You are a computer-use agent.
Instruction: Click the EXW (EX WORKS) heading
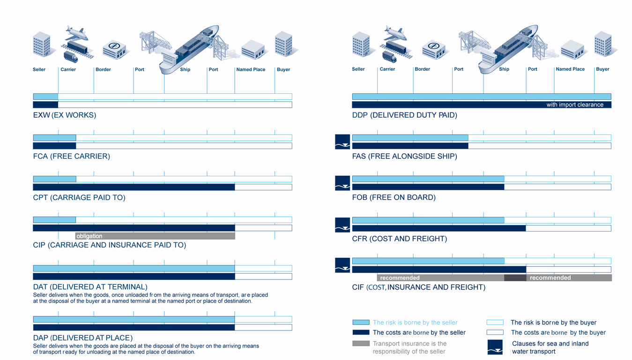coord(65,115)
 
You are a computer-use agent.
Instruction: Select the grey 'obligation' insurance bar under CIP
coord(155,236)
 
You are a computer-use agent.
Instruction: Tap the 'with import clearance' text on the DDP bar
coord(575,105)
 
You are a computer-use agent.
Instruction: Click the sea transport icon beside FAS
coord(342,142)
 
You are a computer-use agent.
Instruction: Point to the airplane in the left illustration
coord(76,34)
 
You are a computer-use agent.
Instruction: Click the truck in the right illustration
coord(389,56)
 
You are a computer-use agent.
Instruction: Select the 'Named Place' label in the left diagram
coord(251,69)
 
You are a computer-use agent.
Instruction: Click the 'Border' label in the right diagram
coord(422,69)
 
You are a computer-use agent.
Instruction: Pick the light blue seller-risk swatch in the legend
coord(361,322)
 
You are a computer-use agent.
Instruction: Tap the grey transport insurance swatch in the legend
coord(361,343)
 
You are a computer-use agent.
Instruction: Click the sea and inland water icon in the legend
coord(495,347)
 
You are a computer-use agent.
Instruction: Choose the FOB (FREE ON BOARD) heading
coord(394,197)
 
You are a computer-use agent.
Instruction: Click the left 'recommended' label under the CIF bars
coord(400,278)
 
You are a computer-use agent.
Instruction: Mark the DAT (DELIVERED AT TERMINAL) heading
coord(90,287)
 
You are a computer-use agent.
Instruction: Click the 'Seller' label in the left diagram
coord(39,69)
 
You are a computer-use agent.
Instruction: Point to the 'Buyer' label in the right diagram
coord(602,69)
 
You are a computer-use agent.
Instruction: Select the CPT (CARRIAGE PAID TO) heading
coord(79,197)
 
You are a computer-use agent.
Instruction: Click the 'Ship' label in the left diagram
coord(185,69)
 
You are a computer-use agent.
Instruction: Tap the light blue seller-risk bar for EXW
coord(45,97)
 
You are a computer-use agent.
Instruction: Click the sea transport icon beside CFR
coord(342,225)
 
